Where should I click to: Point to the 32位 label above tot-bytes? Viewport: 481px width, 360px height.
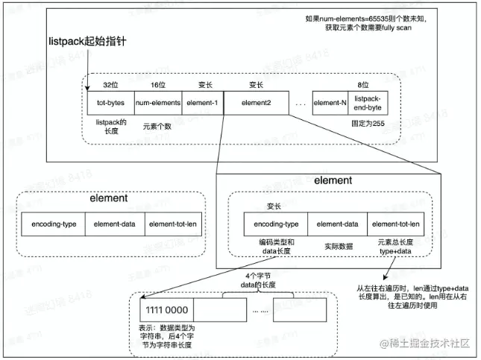110,85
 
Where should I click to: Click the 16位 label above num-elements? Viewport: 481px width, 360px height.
157,85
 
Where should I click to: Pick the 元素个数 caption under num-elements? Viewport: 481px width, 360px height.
157,126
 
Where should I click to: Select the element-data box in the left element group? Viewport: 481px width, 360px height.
115,224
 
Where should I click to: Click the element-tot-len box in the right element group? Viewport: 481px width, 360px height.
395,224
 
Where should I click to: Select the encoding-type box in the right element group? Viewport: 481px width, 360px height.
275,224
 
